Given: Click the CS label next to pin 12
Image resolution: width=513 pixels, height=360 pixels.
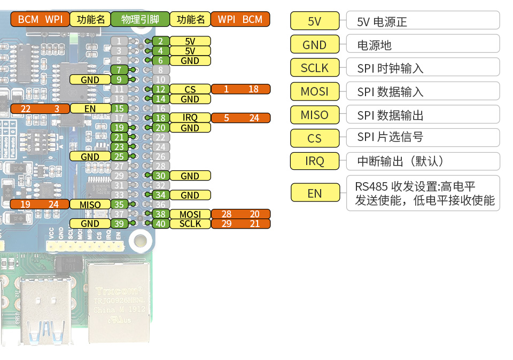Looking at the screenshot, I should click(190, 89).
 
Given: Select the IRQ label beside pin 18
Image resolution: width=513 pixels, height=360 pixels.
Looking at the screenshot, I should click(190, 118).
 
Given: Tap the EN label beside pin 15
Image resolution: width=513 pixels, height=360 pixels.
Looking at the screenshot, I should click(90, 108).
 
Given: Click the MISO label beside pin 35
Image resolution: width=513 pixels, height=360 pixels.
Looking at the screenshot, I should click(90, 205).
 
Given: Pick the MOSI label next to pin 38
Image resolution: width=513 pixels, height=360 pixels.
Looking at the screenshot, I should click(190, 214).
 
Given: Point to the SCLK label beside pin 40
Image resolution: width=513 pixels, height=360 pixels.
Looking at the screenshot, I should click(190, 224).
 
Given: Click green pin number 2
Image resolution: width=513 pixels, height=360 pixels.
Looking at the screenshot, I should click(160, 41).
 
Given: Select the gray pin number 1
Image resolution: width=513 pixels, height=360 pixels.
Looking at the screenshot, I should click(119, 41).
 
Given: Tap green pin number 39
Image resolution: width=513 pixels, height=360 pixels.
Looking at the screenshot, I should click(119, 224).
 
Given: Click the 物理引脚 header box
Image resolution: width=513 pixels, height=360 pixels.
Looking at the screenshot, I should click(140, 20).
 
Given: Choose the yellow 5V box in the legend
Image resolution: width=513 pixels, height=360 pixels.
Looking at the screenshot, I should click(314, 21).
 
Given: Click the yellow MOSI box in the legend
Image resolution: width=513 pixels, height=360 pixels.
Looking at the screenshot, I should click(314, 91).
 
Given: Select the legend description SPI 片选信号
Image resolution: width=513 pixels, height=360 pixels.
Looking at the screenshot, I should click(423, 137).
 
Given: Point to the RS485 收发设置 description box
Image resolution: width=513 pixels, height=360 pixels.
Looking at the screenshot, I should click(423, 193).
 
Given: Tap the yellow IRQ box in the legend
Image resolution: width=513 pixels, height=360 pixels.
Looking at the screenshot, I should click(314, 161).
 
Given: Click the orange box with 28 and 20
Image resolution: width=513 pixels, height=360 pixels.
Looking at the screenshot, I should click(240, 214).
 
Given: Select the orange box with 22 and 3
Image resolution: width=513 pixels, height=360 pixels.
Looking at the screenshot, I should click(40, 108).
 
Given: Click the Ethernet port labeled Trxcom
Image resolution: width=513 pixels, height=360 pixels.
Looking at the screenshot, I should click(119, 302).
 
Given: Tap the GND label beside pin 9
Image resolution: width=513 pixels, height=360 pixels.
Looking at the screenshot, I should click(90, 80).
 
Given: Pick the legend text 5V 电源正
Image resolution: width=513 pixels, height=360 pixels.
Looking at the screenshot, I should click(423, 21).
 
